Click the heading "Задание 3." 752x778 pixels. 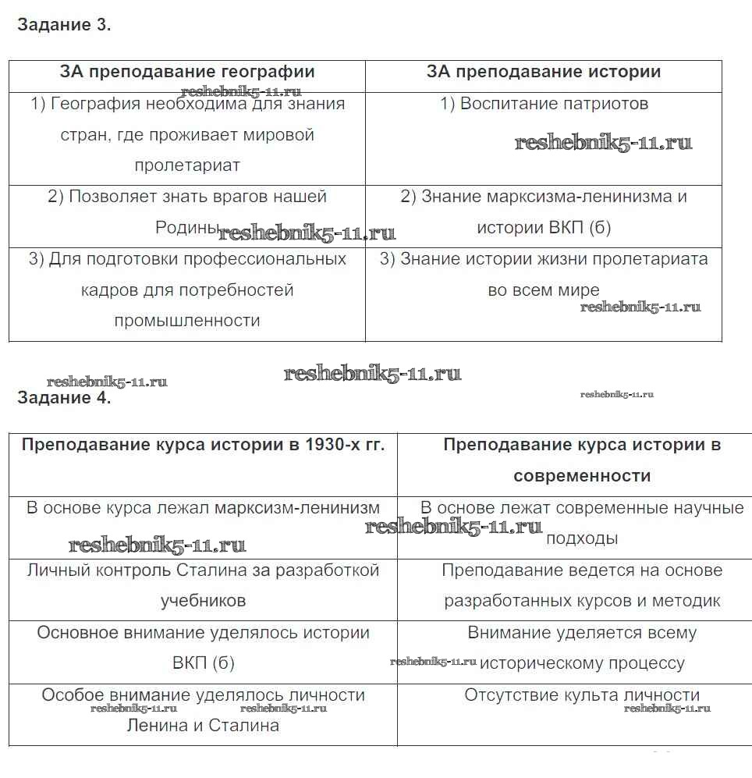point(64,24)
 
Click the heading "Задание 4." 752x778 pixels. point(64,398)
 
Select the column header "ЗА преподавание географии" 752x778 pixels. point(187,72)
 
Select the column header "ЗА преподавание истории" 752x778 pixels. point(544,72)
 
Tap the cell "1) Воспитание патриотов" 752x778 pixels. point(544,104)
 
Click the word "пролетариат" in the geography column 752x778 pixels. point(187,165)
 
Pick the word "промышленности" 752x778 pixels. point(187,321)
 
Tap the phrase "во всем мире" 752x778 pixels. point(544,290)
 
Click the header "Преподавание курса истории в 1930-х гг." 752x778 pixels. point(203,445)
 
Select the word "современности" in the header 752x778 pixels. point(582,476)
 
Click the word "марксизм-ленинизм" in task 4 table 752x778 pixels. point(297,508)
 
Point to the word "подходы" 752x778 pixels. point(582,538)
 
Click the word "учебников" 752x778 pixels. point(203,601)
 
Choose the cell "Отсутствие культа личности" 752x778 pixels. point(582,695)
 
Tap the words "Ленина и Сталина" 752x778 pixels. point(203,726)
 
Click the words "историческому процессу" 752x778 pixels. point(582,663)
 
